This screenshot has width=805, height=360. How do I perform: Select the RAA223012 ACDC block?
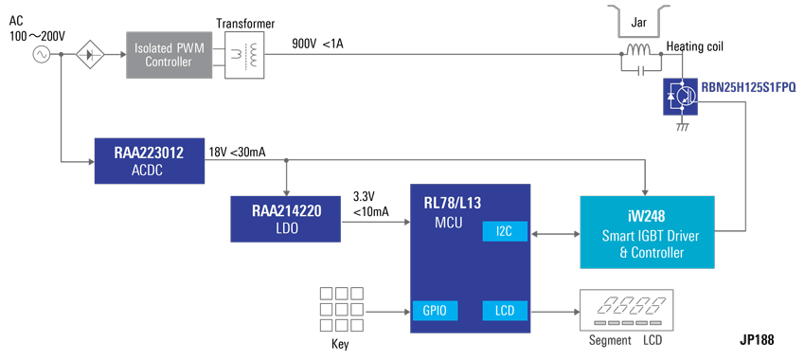point(151,160)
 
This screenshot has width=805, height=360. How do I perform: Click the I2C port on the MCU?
point(503,232)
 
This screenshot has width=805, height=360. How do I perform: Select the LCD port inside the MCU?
point(503,310)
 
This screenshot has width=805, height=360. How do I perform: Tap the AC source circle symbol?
point(41,54)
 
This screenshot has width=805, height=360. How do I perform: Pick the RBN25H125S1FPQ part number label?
point(748,86)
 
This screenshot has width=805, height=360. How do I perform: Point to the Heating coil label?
point(697,45)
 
